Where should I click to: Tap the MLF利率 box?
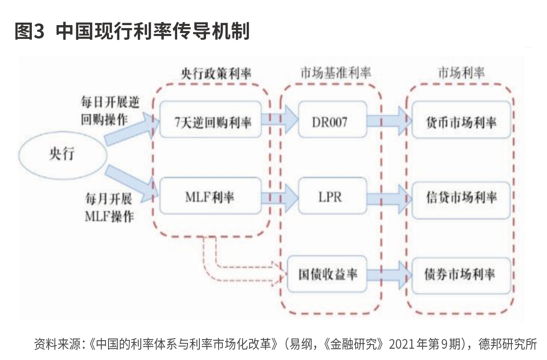[x=210, y=197]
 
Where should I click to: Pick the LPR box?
[x=333, y=196]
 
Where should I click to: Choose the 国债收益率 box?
[x=328, y=274]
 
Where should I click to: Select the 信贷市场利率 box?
[x=461, y=198]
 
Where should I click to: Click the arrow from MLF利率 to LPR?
[x=279, y=196]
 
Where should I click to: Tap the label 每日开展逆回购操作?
[x=110, y=110]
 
